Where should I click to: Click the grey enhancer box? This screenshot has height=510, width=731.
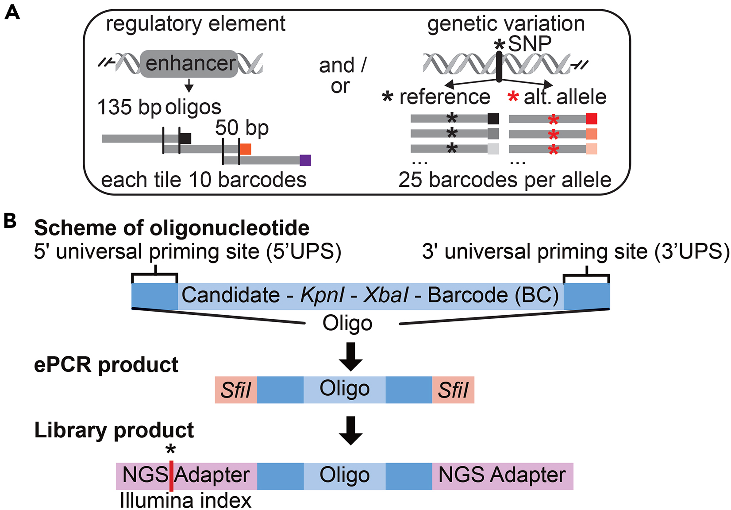tap(189, 64)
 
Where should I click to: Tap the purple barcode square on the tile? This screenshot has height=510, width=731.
tap(305, 160)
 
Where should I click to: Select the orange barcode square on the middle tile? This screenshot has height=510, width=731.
tap(246, 149)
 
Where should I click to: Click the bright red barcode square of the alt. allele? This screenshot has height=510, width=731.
tap(592, 119)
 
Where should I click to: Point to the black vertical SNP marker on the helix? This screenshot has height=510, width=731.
tap(499, 67)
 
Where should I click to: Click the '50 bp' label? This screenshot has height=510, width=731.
tap(242, 128)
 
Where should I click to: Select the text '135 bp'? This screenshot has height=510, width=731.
tap(129, 108)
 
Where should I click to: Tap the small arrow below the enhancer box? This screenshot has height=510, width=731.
tap(189, 85)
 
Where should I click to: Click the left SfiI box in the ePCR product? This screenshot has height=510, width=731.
tap(236, 390)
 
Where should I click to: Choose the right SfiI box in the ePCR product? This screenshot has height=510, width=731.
tap(453, 390)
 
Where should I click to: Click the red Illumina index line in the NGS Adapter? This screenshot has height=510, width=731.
tap(171, 476)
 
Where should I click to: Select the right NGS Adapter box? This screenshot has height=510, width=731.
tap(502, 476)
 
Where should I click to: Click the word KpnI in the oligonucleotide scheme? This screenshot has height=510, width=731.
tap(322, 295)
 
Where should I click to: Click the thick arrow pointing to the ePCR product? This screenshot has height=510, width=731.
tap(350, 357)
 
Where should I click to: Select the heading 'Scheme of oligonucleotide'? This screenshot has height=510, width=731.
tap(172, 228)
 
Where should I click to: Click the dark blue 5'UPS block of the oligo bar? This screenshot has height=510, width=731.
tap(155, 296)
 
